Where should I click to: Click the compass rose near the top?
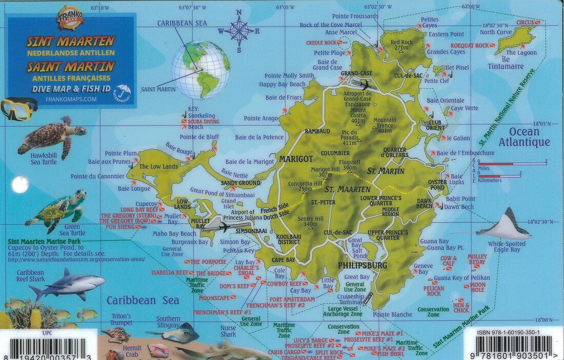point(238,31)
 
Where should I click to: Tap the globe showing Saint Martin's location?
point(200,70)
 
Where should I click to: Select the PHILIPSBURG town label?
point(362,265)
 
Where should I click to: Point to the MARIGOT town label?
point(295,159)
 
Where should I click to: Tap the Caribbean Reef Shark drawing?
point(67,285)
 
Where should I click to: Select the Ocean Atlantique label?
point(524,137)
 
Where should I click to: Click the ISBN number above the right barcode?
point(508,332)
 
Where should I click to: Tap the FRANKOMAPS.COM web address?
point(71,99)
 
